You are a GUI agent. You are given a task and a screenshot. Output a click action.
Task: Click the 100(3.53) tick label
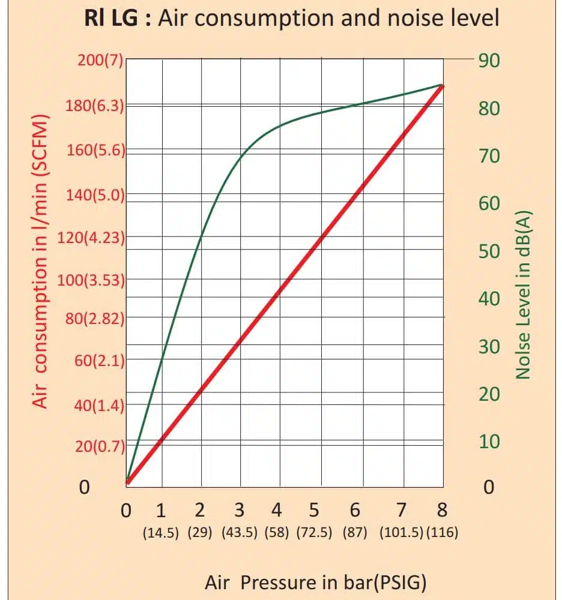[91, 280]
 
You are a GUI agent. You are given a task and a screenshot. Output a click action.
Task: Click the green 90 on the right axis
[489, 61]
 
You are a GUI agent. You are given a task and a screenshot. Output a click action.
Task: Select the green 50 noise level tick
[489, 251]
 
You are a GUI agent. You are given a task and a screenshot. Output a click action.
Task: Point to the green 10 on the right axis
[489, 442]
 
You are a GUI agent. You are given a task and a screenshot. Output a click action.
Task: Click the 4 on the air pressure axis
[276, 511]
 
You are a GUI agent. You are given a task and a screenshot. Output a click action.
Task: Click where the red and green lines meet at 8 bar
[443, 86]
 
